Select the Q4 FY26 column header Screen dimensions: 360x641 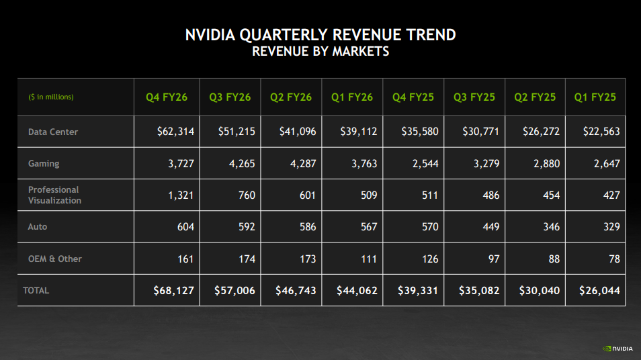(x=167, y=97)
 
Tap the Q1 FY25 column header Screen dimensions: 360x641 (x=595, y=97)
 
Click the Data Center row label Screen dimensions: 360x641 (x=53, y=132)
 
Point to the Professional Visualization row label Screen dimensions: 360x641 (x=54, y=195)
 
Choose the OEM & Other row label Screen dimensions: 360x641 (x=55, y=259)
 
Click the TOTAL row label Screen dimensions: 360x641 (x=36, y=291)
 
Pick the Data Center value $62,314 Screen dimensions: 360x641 (x=175, y=132)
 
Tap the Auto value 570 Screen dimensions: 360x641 (x=429, y=227)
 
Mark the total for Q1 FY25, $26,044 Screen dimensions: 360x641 (x=599, y=291)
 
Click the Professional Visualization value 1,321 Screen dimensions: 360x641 (x=181, y=195)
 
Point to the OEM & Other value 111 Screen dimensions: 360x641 (x=368, y=259)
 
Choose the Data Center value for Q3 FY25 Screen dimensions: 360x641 (x=480, y=132)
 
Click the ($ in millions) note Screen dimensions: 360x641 (x=51, y=97)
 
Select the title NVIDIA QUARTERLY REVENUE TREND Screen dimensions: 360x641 (x=320, y=35)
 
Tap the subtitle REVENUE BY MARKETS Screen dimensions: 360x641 (x=320, y=52)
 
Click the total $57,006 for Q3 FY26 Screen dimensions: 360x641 (x=234, y=291)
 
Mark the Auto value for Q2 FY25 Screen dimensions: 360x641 (x=551, y=227)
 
